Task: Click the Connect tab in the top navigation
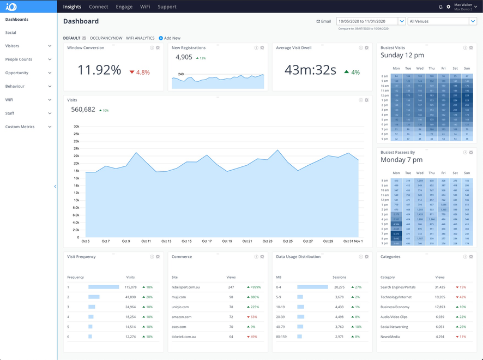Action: click(x=99, y=7)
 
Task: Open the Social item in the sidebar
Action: click(x=11, y=33)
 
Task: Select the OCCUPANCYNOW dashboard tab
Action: click(x=106, y=38)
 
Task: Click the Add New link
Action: click(x=172, y=38)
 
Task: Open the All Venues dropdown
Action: click(x=442, y=21)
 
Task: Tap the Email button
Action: click(x=324, y=21)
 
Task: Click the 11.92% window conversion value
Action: click(x=99, y=70)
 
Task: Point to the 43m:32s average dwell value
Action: click(x=310, y=70)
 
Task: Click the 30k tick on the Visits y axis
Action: click(x=76, y=127)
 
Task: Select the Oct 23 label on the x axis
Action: click(x=267, y=241)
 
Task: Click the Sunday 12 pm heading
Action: click(x=402, y=56)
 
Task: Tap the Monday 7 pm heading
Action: click(x=401, y=160)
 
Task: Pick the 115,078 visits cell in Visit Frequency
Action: click(x=130, y=287)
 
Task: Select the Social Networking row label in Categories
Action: click(x=394, y=327)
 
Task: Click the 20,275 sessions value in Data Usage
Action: click(x=339, y=287)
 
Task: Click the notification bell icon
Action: click(x=440, y=7)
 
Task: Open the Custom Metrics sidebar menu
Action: click(x=20, y=127)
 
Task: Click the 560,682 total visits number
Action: click(x=83, y=110)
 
